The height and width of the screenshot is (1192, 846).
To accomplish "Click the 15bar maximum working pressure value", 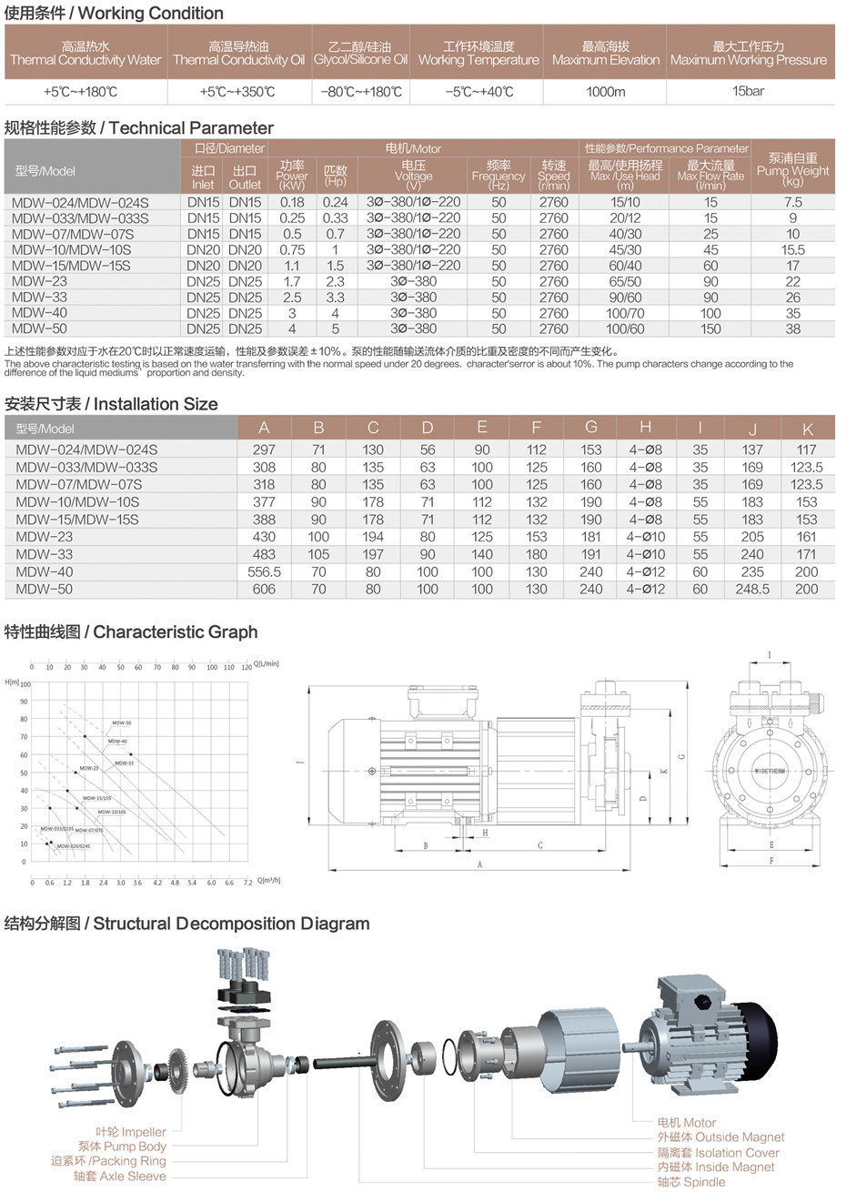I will (x=748, y=91).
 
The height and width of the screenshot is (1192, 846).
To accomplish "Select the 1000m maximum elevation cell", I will (x=605, y=91).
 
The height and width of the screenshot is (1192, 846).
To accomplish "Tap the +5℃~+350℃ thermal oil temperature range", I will (x=237, y=91).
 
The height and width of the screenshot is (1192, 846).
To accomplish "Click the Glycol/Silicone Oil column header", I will (x=360, y=54).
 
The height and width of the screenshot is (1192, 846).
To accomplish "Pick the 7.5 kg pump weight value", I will (x=792, y=202).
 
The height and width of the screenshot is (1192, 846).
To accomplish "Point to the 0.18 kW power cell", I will (x=292, y=202).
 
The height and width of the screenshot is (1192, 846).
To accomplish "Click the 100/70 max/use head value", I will (x=625, y=313).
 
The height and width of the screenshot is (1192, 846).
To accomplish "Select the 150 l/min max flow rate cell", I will (x=710, y=328).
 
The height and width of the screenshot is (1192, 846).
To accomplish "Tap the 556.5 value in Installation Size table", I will (x=264, y=571).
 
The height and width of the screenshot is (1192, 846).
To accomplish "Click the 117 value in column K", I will (x=806, y=450).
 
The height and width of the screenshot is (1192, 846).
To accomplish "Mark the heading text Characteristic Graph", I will (x=176, y=632).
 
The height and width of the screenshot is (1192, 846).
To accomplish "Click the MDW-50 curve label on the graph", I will (x=122, y=722).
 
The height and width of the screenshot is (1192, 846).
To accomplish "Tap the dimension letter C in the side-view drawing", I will (x=539, y=845).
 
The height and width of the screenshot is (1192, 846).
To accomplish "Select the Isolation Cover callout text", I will (x=719, y=1152).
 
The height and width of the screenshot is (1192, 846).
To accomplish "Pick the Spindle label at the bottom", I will (x=692, y=1182).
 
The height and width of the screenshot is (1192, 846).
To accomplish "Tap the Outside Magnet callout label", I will (x=720, y=1136).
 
